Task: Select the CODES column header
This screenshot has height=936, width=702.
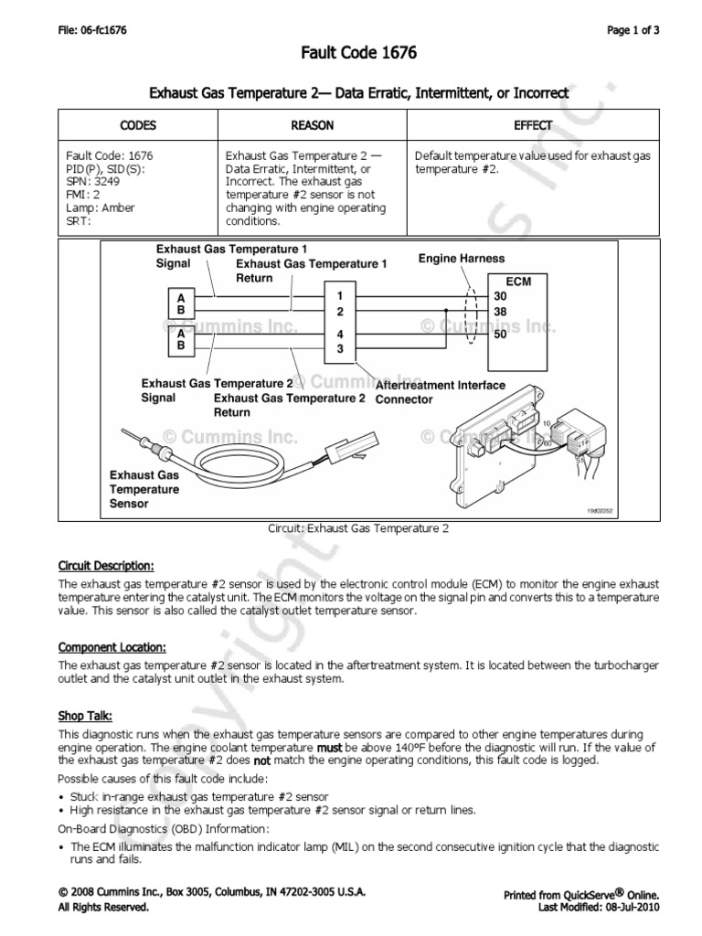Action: coord(138,125)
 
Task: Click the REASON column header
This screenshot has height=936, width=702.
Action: coord(312,125)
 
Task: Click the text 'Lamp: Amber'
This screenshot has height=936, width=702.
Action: coord(100,207)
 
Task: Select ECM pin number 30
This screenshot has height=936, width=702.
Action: coord(499,296)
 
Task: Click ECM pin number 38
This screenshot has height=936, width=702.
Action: coord(499,311)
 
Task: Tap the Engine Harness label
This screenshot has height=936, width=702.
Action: coord(461,259)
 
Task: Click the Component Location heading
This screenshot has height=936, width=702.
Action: coord(112,647)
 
